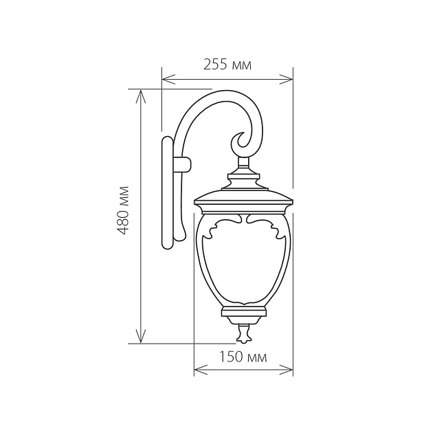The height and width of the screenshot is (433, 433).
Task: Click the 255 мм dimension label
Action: [x=227, y=65]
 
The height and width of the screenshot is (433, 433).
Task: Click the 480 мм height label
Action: [x=124, y=210]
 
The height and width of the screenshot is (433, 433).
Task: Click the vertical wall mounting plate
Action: [x=167, y=192]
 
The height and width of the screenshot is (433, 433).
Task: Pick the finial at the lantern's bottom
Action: [x=243, y=333]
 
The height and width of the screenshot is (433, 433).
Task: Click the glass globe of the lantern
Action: [x=243, y=265]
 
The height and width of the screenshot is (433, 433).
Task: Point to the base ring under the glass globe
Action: [x=243, y=313]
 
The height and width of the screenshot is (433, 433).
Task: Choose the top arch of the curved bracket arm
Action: [x=220, y=96]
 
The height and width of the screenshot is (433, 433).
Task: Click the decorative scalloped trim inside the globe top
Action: [x=243, y=221]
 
